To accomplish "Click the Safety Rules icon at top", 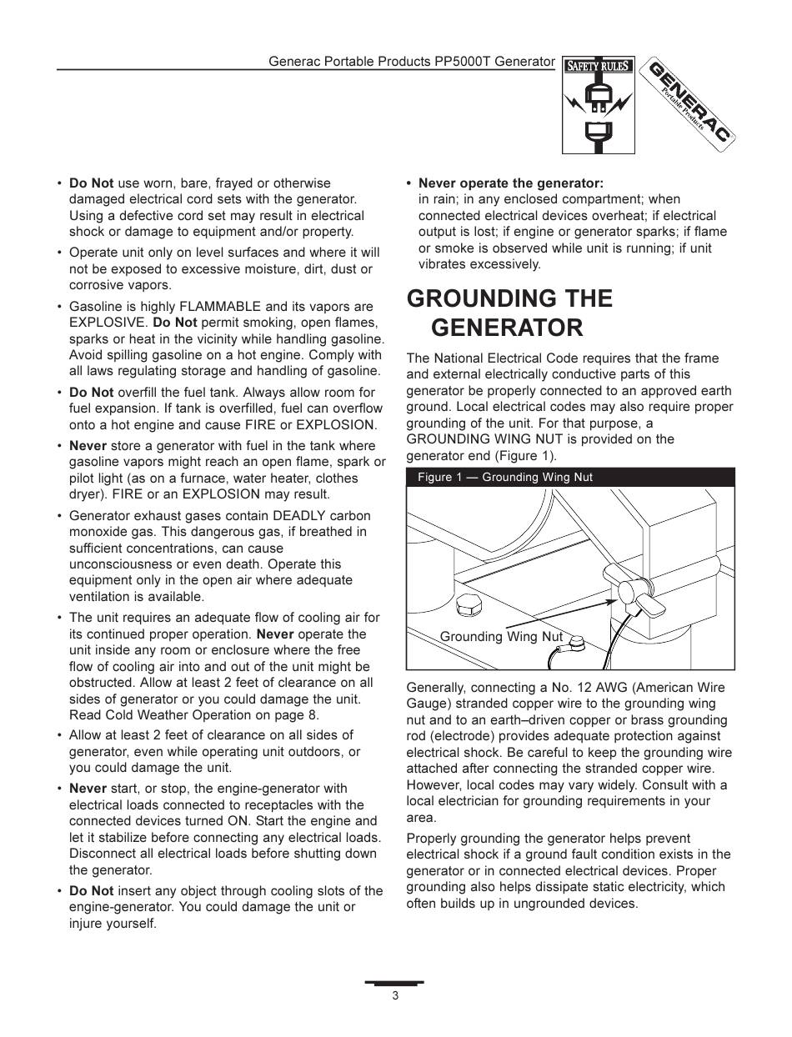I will [599, 105].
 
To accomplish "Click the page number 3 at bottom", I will [395, 996].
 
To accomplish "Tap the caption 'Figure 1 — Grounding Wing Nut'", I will [505, 478].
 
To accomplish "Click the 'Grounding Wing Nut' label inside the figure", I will [501, 637].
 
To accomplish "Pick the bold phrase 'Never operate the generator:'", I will [510, 183].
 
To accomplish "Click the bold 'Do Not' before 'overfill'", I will [91, 392].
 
